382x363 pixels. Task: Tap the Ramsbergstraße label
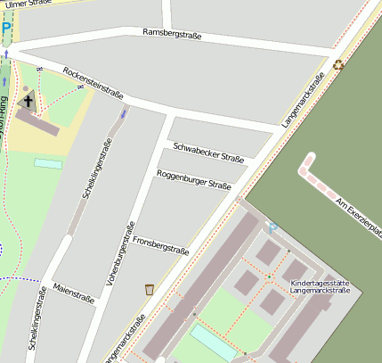tap(172, 34)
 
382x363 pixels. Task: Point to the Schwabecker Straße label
tap(208, 152)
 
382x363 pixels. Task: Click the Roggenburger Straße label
tap(193, 179)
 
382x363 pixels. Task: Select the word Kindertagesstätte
tap(320, 285)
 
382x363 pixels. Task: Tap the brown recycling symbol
tap(337, 64)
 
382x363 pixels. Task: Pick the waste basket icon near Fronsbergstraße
tap(149, 288)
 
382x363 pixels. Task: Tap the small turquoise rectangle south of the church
tap(48, 163)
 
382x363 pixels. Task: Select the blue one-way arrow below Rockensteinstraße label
tap(124, 112)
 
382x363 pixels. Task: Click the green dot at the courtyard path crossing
tap(267, 277)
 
